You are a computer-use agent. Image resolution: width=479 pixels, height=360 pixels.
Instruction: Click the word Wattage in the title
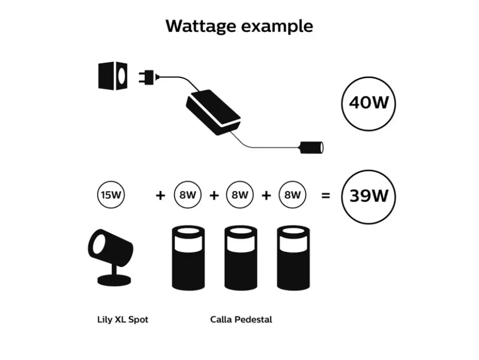(200, 26)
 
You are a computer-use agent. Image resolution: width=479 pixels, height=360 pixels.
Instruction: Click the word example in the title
(277, 26)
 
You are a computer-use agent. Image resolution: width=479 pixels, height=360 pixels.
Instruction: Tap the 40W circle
(369, 104)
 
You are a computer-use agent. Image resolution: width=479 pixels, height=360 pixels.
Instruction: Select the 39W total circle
(369, 197)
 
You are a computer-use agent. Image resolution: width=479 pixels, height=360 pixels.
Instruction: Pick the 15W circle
(111, 195)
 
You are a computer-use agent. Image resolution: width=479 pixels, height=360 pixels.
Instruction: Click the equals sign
(326, 195)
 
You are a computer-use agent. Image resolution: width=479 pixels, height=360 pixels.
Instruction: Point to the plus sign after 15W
(160, 195)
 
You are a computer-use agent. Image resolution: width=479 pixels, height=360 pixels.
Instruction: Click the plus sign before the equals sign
(266, 195)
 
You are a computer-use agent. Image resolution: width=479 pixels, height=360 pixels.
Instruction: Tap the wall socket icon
(113, 76)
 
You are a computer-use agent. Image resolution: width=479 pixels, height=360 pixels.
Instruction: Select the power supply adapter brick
(213, 112)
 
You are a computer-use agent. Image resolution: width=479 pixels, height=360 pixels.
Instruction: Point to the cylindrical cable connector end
(312, 148)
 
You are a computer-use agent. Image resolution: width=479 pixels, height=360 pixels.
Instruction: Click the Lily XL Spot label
(123, 320)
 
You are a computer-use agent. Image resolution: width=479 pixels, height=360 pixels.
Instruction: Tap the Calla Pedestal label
(241, 320)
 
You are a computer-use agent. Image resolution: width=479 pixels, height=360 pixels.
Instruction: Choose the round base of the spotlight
(114, 281)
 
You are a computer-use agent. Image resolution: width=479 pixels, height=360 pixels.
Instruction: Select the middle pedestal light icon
(240, 258)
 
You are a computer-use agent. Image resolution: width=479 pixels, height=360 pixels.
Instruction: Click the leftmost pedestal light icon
(188, 258)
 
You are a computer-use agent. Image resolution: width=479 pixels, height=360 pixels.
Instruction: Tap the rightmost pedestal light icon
(293, 258)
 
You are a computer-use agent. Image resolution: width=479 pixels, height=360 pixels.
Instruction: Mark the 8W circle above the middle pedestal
(240, 195)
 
